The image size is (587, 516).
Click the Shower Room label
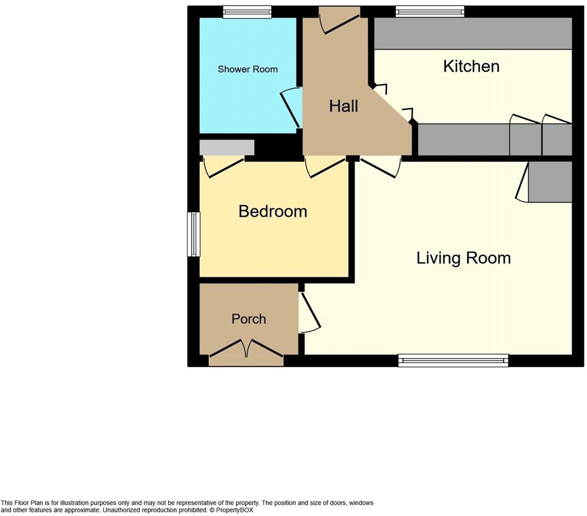pos(247,69)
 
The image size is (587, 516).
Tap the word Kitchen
pos(471,66)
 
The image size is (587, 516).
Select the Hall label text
pos(343,106)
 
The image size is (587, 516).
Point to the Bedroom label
pos(273,211)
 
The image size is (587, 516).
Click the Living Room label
pos(463,258)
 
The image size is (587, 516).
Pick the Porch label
pos(249,319)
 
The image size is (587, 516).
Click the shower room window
pos(247,12)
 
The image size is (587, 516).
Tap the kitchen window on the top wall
pos(430,12)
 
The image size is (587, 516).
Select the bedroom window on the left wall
pos(194,234)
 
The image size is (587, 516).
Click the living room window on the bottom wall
pos(453,360)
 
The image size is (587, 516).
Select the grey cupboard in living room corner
pos(550,182)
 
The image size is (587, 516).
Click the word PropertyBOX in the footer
pos(235,510)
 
